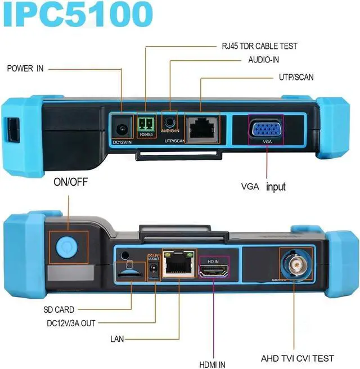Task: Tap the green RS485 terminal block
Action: tap(145, 124)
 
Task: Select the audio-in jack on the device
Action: tap(169, 121)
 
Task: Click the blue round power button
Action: tap(66, 246)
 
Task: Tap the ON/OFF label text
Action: tap(71, 183)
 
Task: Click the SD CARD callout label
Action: tap(59, 309)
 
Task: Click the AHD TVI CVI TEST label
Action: tap(298, 358)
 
